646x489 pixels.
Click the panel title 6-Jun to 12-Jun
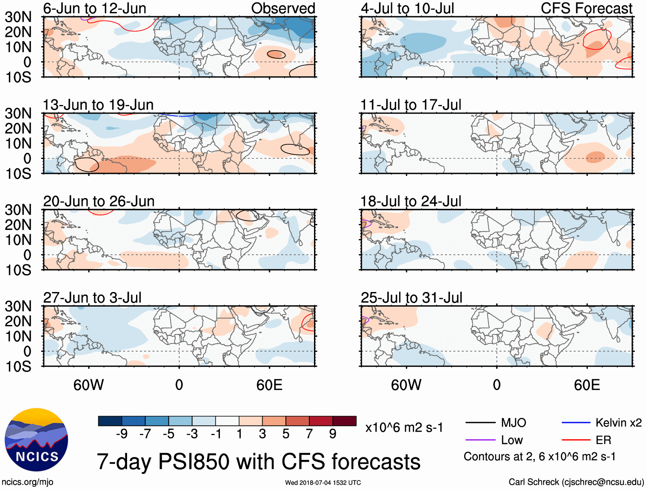click(95, 8)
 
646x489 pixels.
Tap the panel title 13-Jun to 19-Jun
click(98, 105)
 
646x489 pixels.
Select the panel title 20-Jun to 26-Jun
click(99, 201)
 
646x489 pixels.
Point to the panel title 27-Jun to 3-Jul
click(92, 298)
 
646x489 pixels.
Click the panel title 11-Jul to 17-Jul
click(411, 105)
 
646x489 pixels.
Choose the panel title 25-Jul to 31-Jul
click(412, 298)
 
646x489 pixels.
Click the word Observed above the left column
click(283, 8)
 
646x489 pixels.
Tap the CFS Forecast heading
click(586, 8)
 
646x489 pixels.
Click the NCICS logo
click(36, 440)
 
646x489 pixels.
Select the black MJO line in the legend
click(480, 423)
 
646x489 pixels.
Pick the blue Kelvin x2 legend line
click(576, 423)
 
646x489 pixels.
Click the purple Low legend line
click(480, 440)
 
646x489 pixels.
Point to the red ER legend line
click(576, 440)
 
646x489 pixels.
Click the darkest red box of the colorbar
click(344, 421)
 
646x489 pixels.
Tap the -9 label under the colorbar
click(121, 434)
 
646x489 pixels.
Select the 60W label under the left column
click(89, 385)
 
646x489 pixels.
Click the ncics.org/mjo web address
click(27, 482)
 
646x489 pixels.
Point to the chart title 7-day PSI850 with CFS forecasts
click(258, 462)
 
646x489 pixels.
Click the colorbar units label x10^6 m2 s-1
click(404, 427)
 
